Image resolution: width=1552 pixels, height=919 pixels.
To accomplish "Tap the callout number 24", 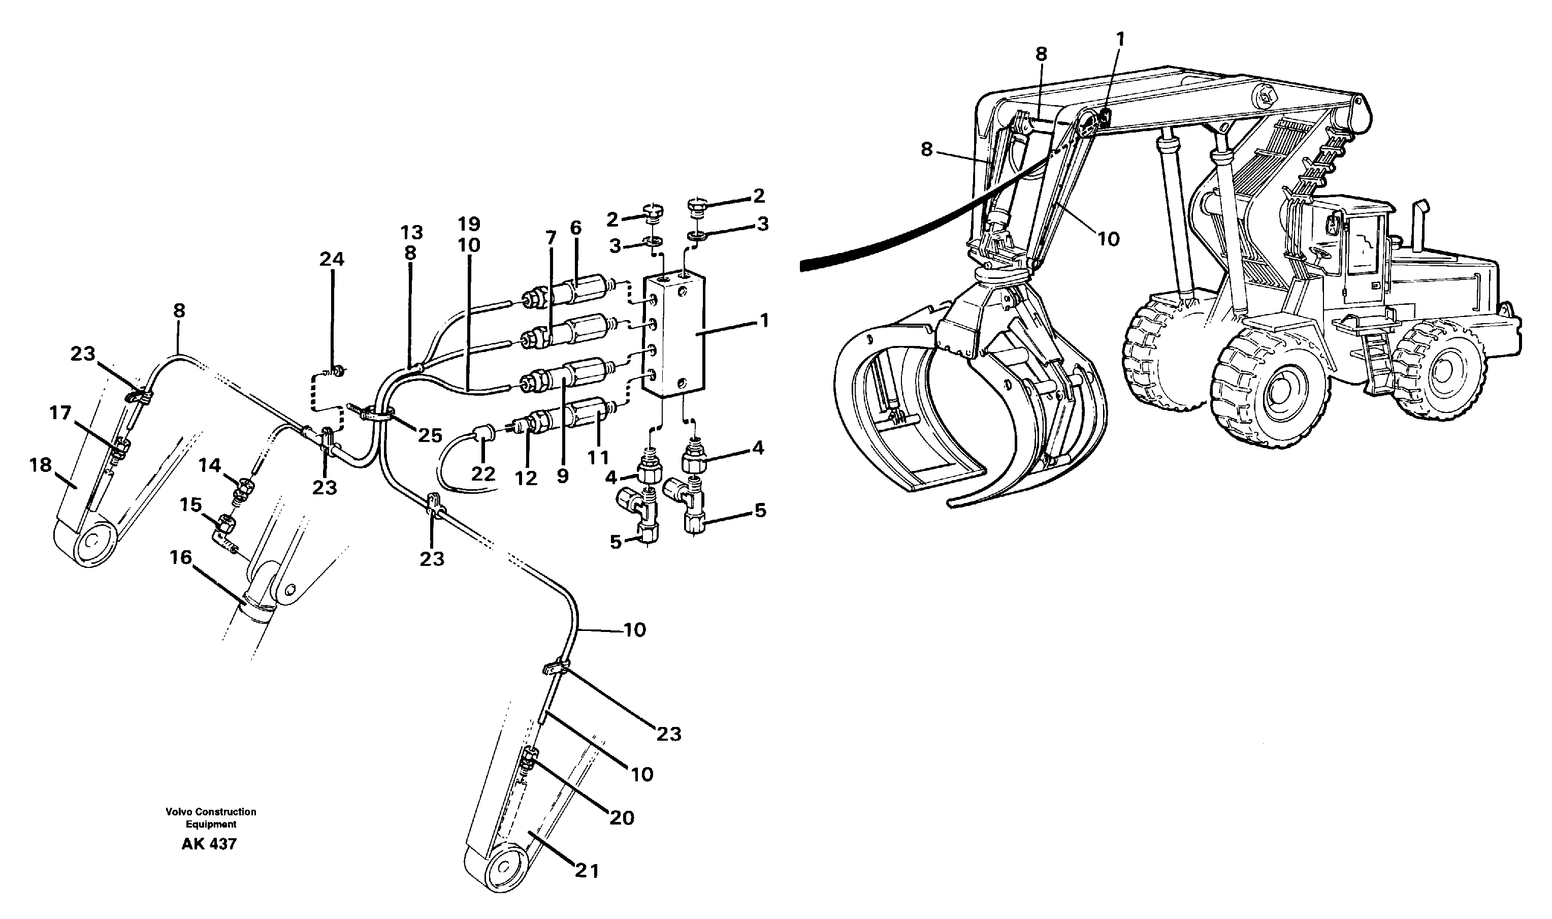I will point(331,259).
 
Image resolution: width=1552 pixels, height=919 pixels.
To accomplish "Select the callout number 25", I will point(430,435).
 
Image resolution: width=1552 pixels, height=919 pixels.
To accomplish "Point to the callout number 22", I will point(483,474).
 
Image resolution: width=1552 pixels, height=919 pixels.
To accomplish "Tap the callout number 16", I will point(181,558).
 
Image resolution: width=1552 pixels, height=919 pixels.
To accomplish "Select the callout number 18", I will point(41,464).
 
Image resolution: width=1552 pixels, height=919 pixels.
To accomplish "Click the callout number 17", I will point(60,413).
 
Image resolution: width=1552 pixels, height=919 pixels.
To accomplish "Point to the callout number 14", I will point(209,465).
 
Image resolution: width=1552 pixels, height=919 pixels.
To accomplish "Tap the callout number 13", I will point(411,232).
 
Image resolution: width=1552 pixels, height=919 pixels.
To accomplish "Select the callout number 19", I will point(469,224).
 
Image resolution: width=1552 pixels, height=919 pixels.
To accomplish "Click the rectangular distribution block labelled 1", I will point(673,336).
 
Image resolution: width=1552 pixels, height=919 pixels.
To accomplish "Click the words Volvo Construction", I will point(210,811).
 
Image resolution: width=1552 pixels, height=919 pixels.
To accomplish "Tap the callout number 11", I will point(598,458).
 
